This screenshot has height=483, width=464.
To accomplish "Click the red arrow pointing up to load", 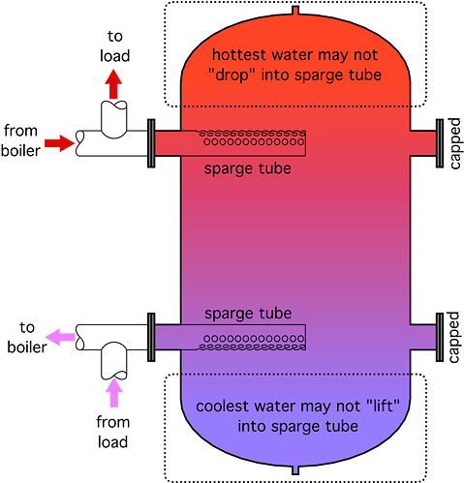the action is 113,84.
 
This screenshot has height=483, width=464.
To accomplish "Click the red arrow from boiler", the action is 59,143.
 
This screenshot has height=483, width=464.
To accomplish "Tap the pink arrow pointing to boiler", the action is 60,337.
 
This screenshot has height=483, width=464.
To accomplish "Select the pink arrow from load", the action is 113,392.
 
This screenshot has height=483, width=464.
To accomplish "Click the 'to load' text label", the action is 114,46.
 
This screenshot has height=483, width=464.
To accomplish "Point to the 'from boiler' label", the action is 20,140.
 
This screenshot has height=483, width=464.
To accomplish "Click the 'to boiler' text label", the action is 27,338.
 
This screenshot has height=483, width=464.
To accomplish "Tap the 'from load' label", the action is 113,433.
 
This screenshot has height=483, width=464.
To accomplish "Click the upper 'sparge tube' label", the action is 248,168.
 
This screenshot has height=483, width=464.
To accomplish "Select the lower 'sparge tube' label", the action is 248,314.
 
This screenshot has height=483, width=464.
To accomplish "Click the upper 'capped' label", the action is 454,143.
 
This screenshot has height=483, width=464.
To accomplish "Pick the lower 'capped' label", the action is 453,337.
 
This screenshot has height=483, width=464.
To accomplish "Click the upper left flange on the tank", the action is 151,143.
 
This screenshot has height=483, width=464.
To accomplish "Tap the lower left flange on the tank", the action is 151,337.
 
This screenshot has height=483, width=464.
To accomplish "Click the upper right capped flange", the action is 440,143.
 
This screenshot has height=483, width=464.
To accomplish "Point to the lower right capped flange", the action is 440,337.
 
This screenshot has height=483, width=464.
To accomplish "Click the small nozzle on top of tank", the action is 295,11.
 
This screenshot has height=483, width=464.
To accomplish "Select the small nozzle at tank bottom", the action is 295,470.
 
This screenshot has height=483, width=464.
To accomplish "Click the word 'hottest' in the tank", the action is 239,55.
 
